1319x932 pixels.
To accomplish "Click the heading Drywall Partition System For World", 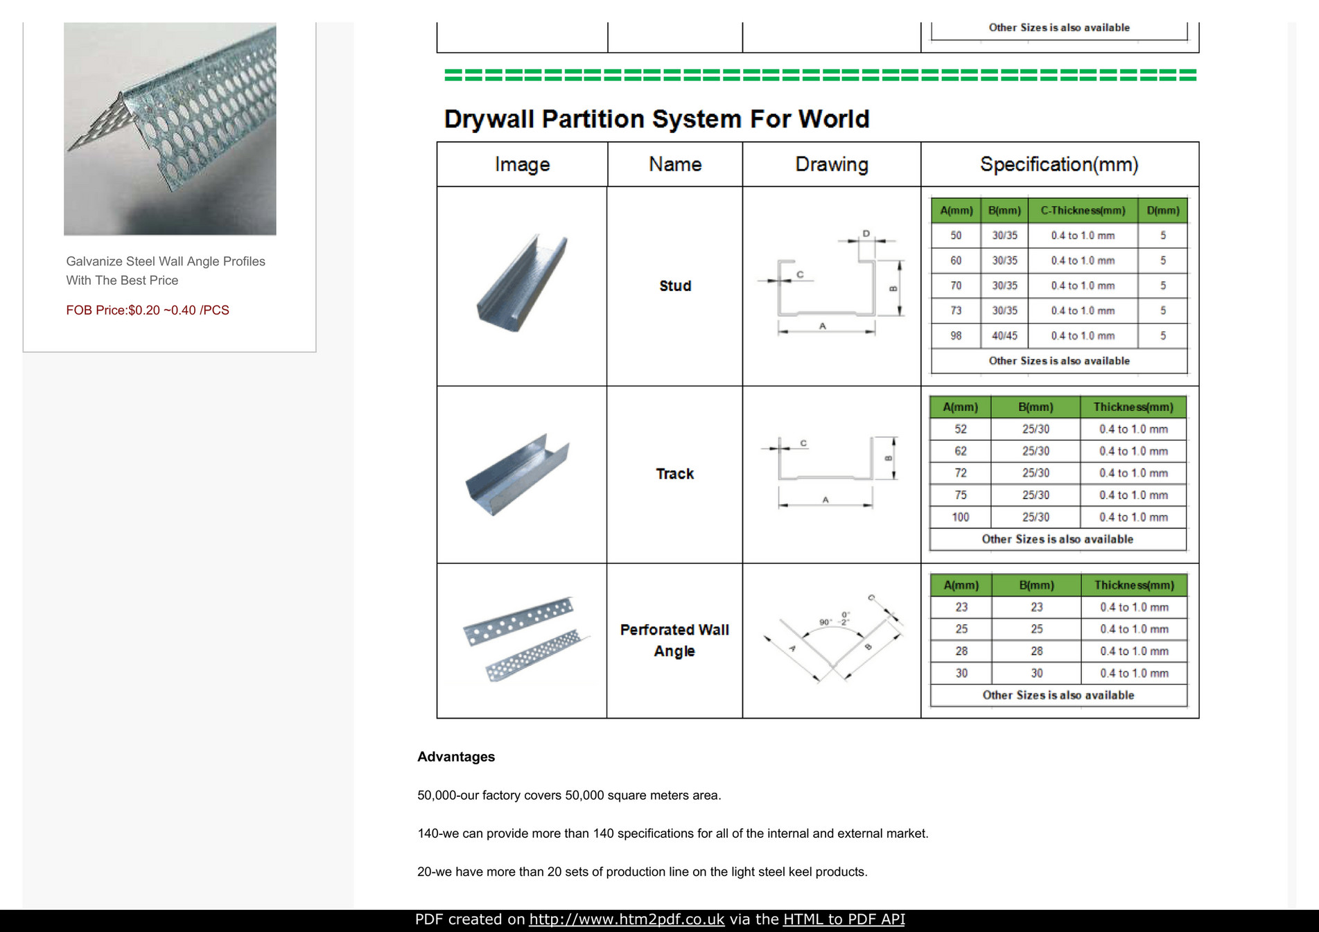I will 656,119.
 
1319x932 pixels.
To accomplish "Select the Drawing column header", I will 831,164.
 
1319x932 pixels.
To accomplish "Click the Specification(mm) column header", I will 1058,164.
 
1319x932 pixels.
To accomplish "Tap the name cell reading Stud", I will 674,285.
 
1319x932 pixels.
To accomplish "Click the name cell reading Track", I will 674,473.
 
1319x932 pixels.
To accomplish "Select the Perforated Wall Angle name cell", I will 674,640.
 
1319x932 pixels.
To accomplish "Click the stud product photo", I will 521,284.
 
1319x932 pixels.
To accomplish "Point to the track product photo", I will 517,475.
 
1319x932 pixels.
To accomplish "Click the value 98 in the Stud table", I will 956,335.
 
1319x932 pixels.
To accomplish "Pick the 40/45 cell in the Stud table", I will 1004,335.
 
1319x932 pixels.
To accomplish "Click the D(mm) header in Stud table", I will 1162,210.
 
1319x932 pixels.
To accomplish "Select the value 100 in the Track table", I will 960,517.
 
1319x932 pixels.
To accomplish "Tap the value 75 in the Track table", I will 960,495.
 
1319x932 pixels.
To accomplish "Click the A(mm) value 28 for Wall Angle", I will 961,651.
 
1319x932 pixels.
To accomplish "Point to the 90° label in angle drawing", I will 825,622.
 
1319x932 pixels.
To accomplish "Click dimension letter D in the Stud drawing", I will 866,234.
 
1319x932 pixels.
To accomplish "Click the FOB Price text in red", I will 148,310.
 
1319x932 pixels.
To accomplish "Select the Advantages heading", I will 455,757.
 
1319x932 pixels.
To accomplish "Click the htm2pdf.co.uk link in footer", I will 626,919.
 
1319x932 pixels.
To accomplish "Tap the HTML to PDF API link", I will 844,919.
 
